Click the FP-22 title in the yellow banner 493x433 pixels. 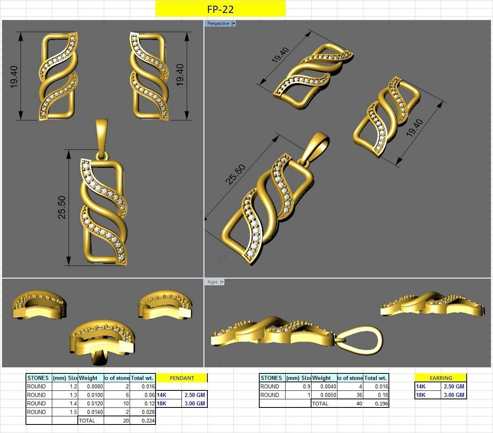[x=220, y=9]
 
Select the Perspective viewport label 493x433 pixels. [x=218, y=24]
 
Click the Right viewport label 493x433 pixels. [x=212, y=282]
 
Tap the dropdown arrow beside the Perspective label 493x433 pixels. [x=234, y=24]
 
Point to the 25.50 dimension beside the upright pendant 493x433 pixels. [x=62, y=207]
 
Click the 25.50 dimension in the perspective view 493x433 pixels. [x=235, y=174]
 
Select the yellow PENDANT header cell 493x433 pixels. [x=181, y=378]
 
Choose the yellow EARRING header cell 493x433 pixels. [x=440, y=378]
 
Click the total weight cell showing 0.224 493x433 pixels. [x=143, y=420]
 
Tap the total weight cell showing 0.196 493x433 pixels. [x=376, y=403]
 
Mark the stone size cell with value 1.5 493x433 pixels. [x=65, y=412]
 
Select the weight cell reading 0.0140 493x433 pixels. [x=91, y=412]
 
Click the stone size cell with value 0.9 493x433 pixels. [x=298, y=386]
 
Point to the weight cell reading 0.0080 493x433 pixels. [x=91, y=386]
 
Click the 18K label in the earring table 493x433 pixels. [x=421, y=395]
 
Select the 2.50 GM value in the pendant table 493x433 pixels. [x=194, y=395]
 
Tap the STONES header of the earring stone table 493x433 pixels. [x=271, y=378]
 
